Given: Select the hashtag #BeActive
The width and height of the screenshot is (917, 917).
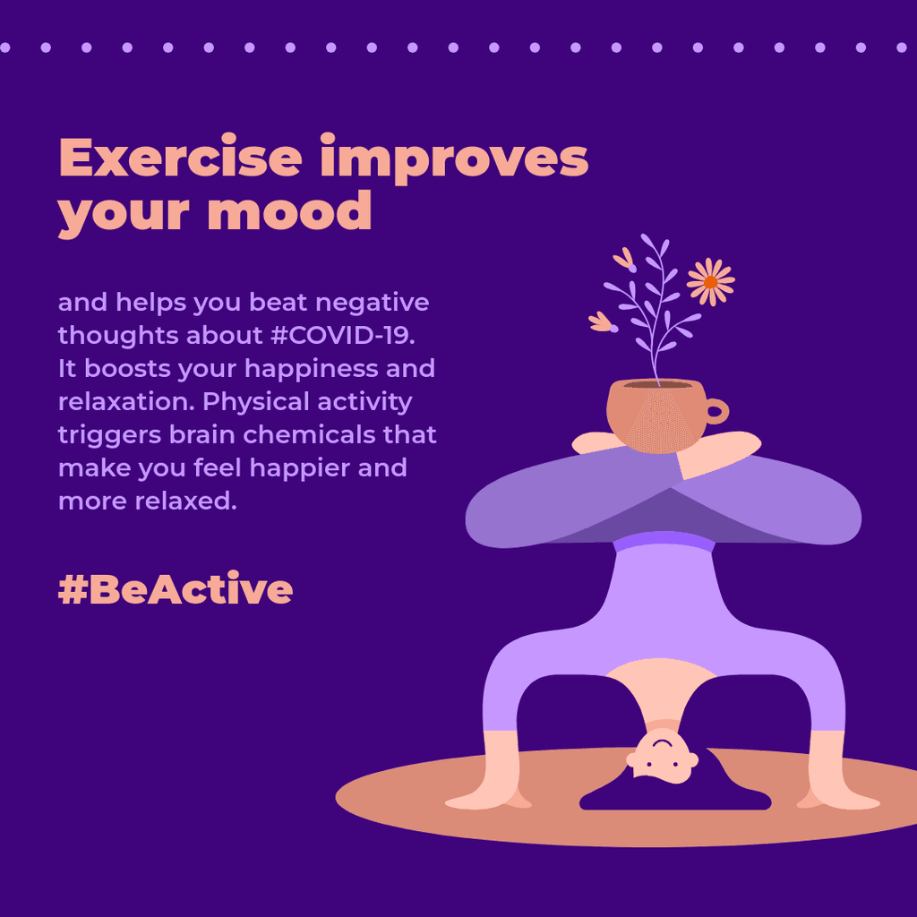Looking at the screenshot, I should [x=176, y=589].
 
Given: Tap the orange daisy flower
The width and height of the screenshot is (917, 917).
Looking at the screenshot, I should [x=710, y=281].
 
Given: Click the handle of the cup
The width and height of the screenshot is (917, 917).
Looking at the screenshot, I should [x=716, y=412].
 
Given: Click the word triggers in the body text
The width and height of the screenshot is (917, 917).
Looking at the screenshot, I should [x=113, y=435].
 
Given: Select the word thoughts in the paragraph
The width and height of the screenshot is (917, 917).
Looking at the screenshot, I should [x=118, y=336].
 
